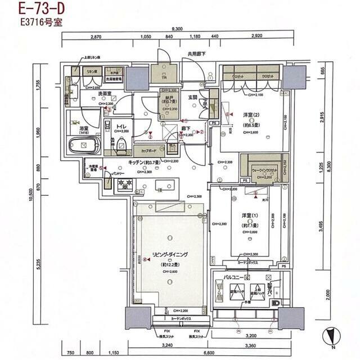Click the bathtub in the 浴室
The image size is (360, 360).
(x=83, y=148)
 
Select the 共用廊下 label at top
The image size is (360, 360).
(x=196, y=54)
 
